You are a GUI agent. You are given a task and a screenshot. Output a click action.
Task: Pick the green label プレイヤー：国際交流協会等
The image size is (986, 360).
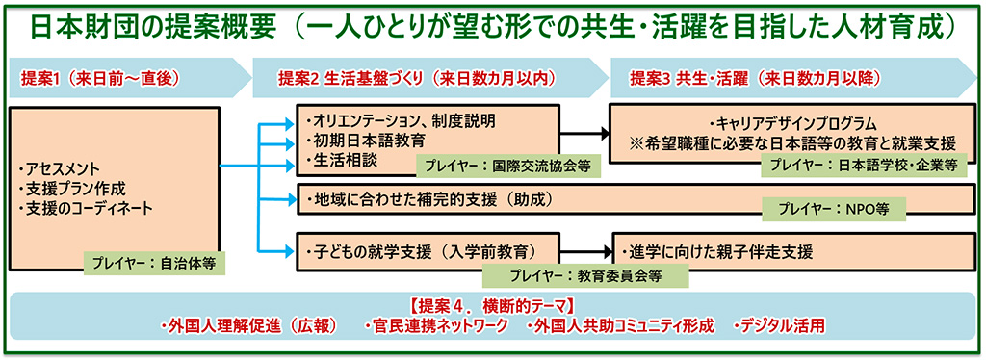[508, 165]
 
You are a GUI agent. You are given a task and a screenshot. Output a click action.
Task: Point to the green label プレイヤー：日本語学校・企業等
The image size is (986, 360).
[869, 165]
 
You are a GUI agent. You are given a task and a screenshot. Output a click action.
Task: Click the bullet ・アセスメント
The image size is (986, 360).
[60, 169]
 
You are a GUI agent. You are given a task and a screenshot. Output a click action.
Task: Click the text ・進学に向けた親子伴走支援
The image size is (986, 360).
[716, 252]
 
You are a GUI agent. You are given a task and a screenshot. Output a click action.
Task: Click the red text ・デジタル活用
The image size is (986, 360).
[778, 326]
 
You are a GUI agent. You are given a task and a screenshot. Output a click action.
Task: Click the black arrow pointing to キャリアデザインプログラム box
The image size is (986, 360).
[584, 134]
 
